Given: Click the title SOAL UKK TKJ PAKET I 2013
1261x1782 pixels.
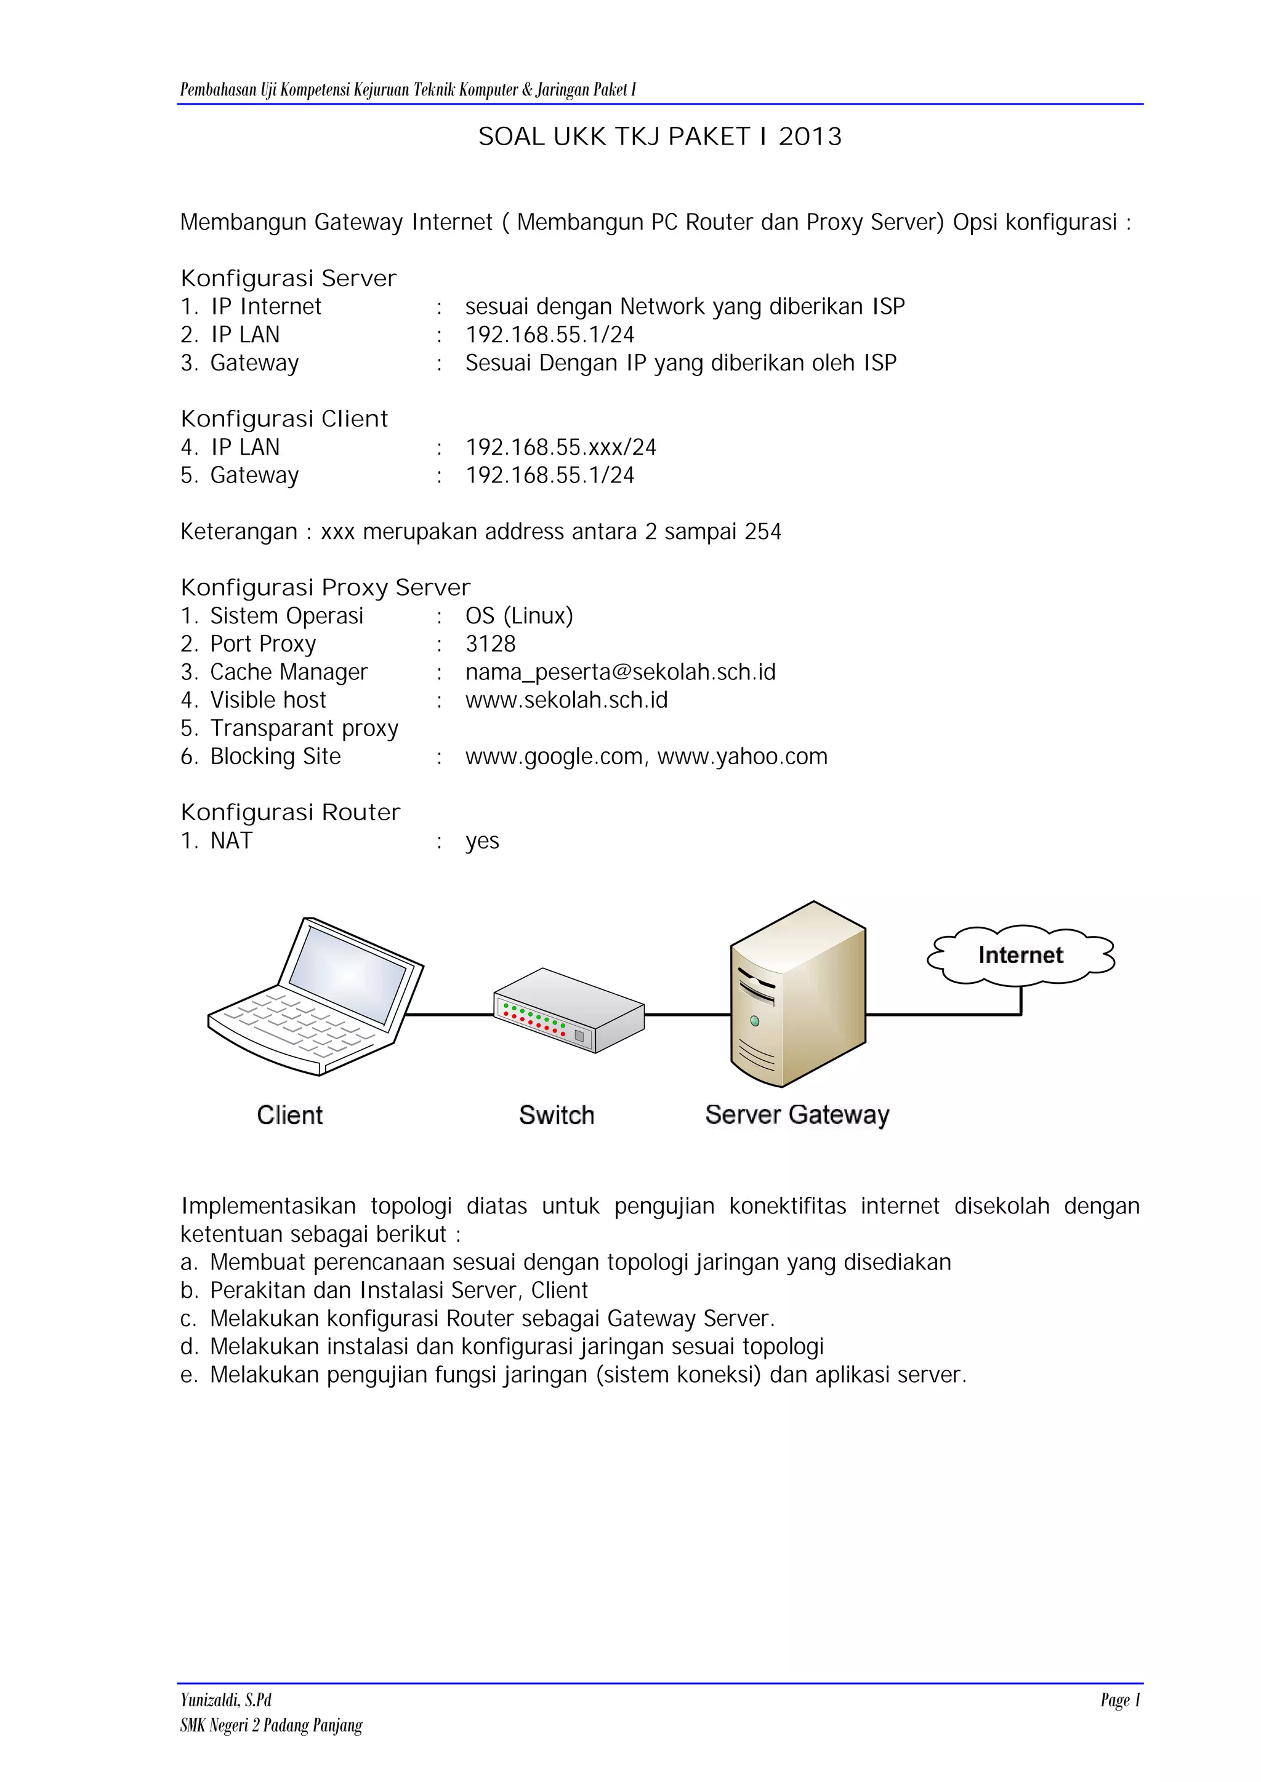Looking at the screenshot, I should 659,137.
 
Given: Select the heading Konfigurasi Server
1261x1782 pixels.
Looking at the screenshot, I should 288,278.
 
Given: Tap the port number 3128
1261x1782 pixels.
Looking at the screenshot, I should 490,644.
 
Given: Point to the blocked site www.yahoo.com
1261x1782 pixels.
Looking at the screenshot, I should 743,756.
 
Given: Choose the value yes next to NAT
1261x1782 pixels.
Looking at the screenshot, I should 482,841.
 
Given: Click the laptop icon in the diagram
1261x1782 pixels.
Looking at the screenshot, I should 315,997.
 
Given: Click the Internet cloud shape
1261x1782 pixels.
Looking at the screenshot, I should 1020,954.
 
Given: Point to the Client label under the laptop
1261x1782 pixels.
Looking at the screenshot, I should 289,1116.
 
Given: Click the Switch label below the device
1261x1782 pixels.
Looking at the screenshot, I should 557,1116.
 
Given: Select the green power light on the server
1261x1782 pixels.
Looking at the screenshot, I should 755,1021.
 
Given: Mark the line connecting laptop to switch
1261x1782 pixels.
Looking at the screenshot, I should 450,1015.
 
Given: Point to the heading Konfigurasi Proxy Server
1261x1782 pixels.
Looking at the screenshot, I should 325,588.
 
